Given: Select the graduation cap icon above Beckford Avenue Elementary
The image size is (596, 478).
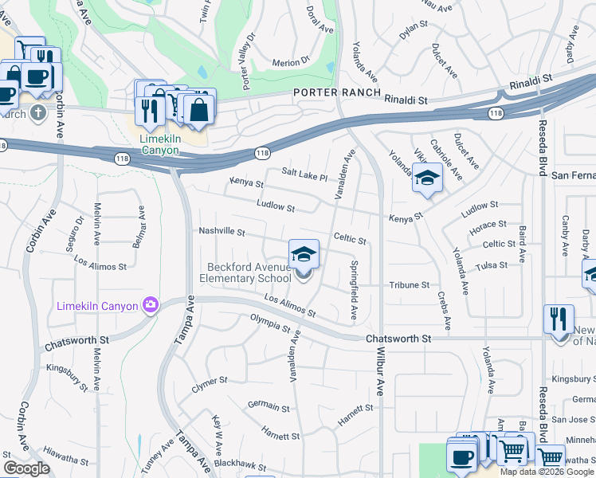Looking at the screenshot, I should [304, 254].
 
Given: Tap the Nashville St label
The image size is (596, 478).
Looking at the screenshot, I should [222, 231].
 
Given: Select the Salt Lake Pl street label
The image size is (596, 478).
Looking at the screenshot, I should [304, 174].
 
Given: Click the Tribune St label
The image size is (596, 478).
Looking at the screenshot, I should [410, 284].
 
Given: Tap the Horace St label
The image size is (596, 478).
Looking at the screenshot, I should [488, 226].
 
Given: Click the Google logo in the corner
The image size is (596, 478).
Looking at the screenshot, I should [26, 468].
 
